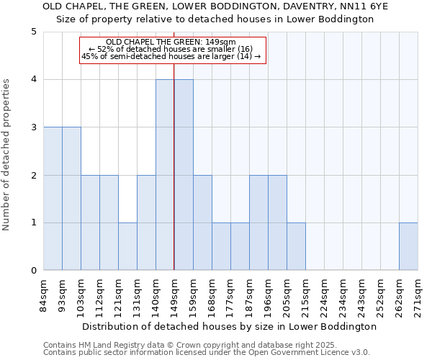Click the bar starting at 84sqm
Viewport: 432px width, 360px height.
click(53, 199)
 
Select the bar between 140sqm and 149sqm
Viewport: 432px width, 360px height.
click(165, 175)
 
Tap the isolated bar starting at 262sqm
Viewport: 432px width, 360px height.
click(408, 247)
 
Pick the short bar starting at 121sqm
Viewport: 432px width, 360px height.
click(127, 247)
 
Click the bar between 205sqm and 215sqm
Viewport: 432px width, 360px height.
click(296, 247)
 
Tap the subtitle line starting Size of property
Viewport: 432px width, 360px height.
click(215, 19)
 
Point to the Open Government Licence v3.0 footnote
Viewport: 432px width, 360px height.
click(207, 352)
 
